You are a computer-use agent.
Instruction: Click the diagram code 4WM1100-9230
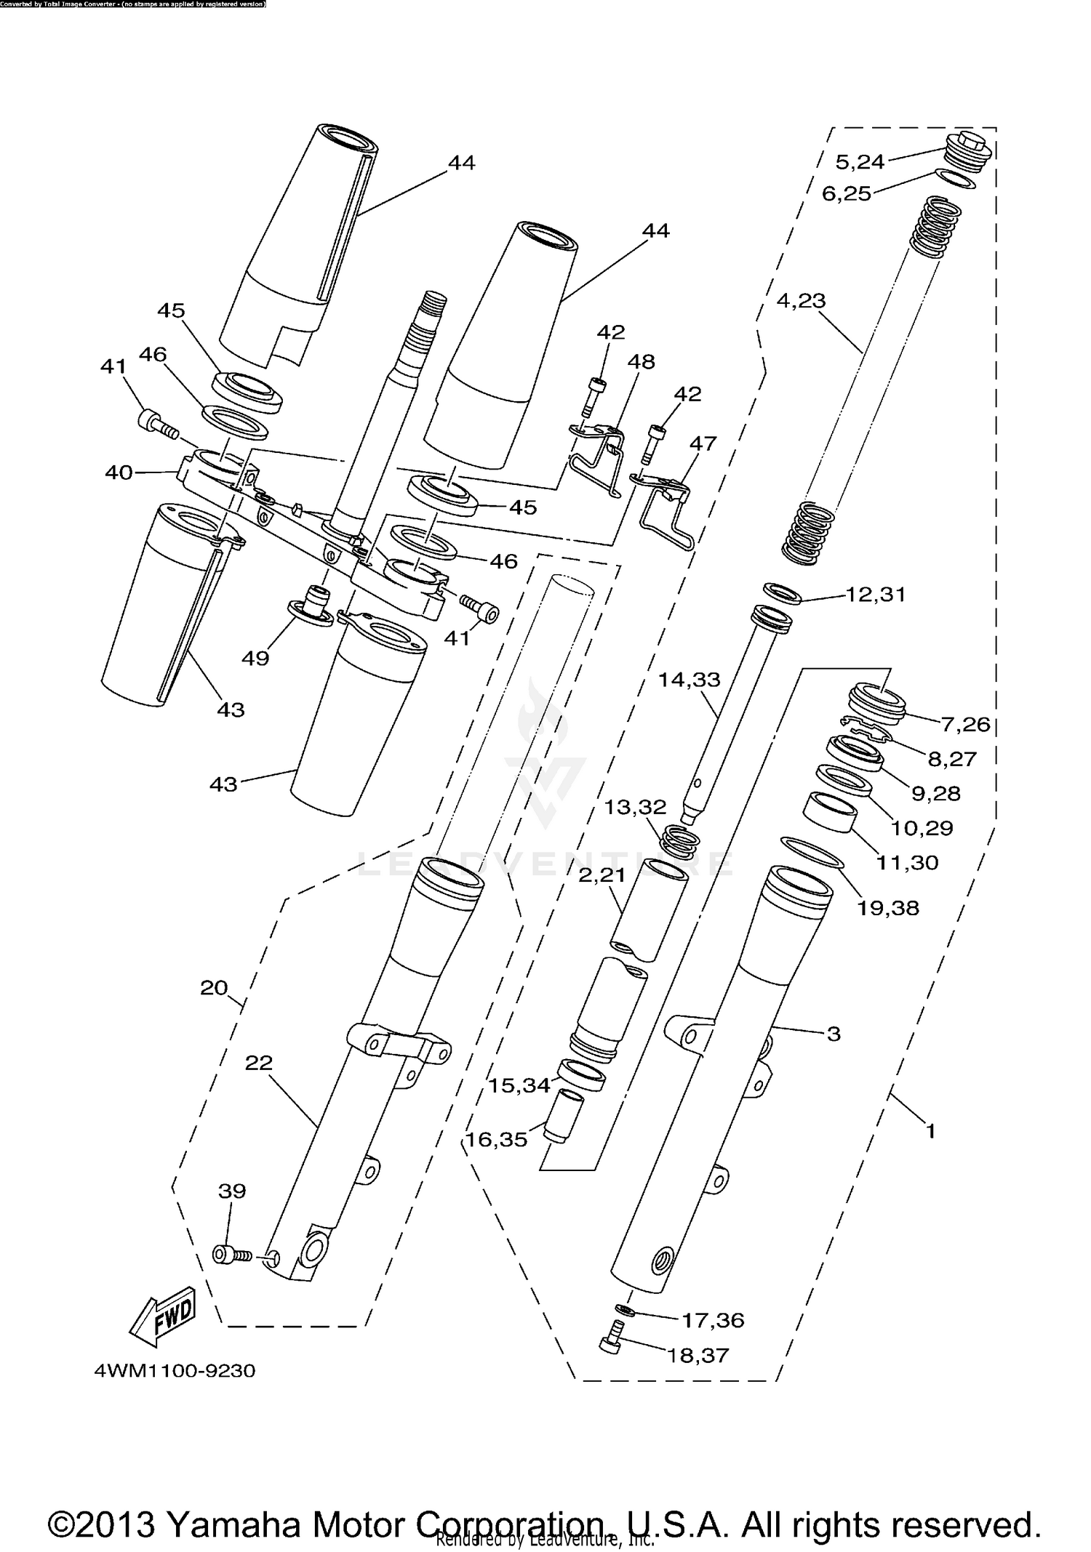(175, 1371)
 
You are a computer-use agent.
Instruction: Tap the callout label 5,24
(860, 161)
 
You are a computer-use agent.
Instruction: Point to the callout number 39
(232, 1191)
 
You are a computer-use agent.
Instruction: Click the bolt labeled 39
(231, 1254)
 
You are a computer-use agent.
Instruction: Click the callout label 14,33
(689, 680)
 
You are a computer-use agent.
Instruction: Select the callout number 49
(255, 659)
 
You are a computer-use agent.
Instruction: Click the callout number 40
(119, 473)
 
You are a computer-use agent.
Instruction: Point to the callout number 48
(642, 361)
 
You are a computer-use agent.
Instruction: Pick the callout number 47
(703, 443)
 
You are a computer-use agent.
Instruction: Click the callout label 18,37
(698, 1355)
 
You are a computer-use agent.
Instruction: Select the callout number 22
(259, 1063)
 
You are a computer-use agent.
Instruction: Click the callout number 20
(214, 988)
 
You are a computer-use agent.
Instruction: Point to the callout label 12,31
(875, 594)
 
